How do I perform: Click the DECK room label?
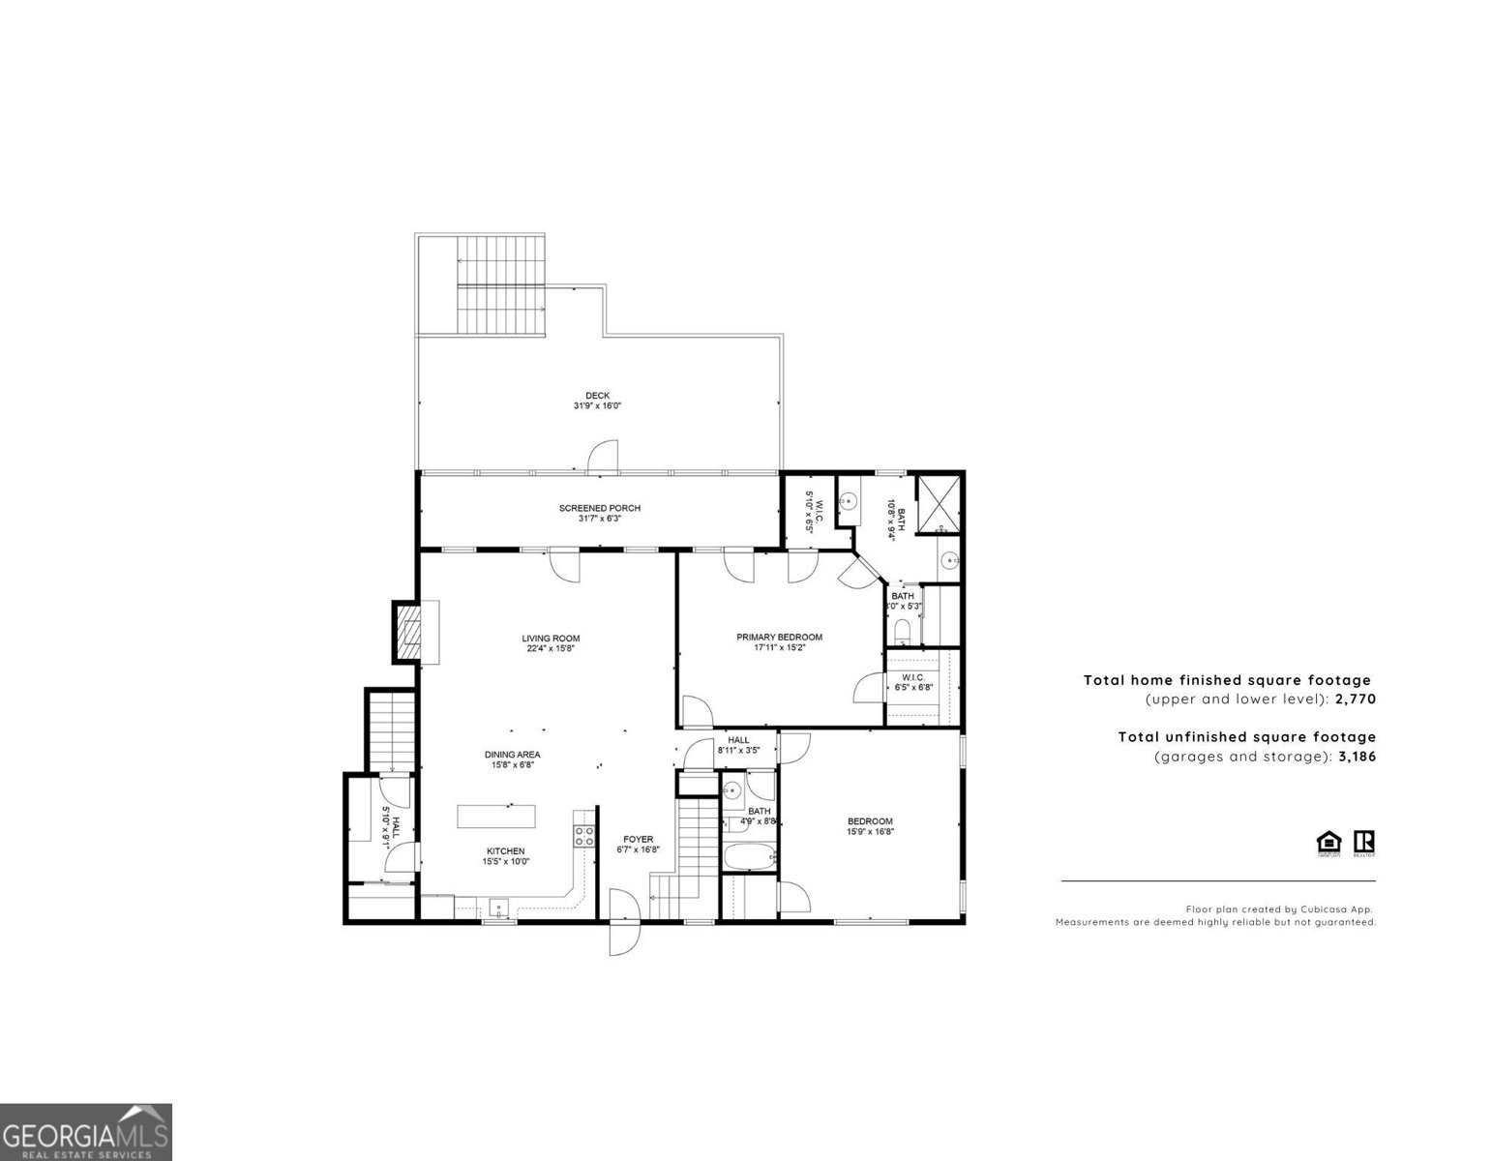[597, 396]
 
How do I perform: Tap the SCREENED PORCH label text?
[599, 508]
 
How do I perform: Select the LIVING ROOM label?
[551, 638]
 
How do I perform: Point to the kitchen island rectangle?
[496, 816]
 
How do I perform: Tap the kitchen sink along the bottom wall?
[498, 908]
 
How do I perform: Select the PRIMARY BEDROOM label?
[779, 637]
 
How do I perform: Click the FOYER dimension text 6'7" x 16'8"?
[638, 850]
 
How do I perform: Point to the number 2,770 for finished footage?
[1355, 699]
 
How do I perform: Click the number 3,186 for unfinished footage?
[1356, 756]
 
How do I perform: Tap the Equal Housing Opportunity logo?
[1329, 843]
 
